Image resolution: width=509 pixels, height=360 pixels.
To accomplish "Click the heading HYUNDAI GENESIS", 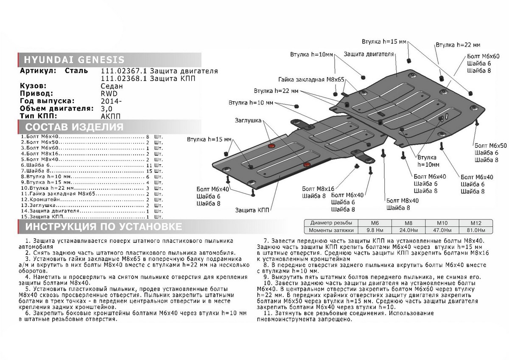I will click(x=75, y=59).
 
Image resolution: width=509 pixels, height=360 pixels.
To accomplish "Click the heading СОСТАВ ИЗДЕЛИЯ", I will click(x=74, y=127).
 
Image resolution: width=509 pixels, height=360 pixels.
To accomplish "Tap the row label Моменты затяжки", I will click(x=332, y=230).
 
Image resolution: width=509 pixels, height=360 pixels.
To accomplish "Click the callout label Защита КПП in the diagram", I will click(x=251, y=210).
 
